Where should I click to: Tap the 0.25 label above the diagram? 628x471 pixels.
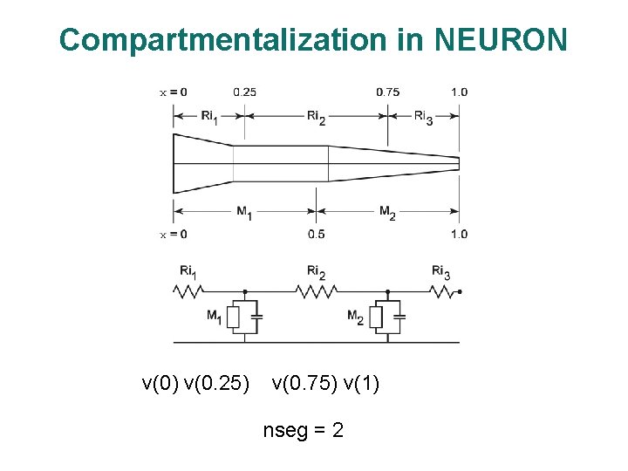[x=244, y=92]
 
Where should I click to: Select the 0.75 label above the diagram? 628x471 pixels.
[x=388, y=92]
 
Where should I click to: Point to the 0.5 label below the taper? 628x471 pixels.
[x=315, y=234]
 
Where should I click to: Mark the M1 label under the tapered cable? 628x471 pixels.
[x=244, y=212]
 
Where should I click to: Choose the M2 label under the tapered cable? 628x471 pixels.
[x=387, y=212]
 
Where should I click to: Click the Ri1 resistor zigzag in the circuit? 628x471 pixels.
[x=188, y=292]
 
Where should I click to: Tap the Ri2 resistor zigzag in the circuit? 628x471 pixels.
[x=316, y=292]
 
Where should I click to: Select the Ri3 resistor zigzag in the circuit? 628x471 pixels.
[x=443, y=292]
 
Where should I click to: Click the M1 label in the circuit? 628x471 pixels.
[x=214, y=317]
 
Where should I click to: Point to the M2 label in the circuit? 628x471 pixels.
[x=355, y=317]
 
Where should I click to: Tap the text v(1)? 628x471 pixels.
[x=359, y=383]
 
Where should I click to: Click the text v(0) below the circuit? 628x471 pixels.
[x=160, y=383]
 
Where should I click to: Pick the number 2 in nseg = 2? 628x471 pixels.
[x=337, y=430]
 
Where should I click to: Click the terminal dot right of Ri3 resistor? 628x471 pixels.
[x=460, y=292]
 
